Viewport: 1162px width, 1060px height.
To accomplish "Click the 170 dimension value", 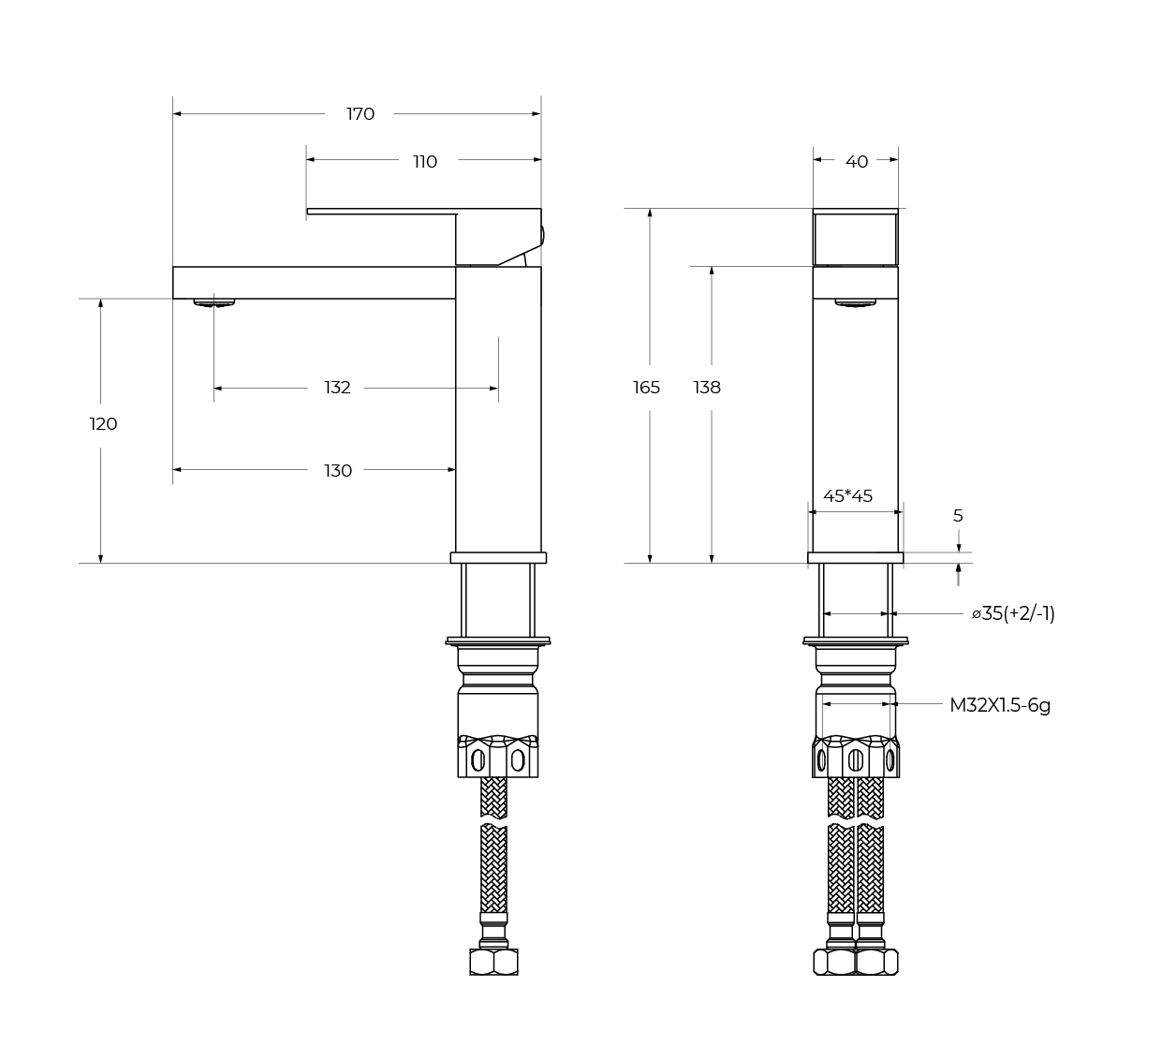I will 360,114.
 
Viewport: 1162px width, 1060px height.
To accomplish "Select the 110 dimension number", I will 425,162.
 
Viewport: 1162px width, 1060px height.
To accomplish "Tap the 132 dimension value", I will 337,388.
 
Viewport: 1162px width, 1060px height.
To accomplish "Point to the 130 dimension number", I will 338,471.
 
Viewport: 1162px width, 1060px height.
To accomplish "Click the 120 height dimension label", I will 103,424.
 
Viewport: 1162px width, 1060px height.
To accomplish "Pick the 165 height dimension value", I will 646,388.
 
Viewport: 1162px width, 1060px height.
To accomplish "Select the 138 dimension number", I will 707,388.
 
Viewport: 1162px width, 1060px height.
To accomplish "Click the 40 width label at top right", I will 857,162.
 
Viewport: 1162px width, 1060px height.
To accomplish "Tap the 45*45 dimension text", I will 847,496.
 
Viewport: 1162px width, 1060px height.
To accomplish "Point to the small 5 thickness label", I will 958,516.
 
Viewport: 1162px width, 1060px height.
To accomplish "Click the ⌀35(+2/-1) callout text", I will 1013,614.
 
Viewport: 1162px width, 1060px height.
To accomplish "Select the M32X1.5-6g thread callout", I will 1000,705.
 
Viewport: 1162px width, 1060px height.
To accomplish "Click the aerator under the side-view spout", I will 214,302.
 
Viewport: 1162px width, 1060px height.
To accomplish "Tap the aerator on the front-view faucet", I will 855,302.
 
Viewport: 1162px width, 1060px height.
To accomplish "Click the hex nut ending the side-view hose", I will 493,962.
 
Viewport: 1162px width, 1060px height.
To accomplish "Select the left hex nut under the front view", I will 833,962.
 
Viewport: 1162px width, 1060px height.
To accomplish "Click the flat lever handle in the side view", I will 381,213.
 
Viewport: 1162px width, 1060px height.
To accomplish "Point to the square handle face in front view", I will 855,238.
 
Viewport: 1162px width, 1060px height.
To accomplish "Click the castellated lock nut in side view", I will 498,756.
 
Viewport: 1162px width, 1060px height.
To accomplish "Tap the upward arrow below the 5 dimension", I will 958,572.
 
